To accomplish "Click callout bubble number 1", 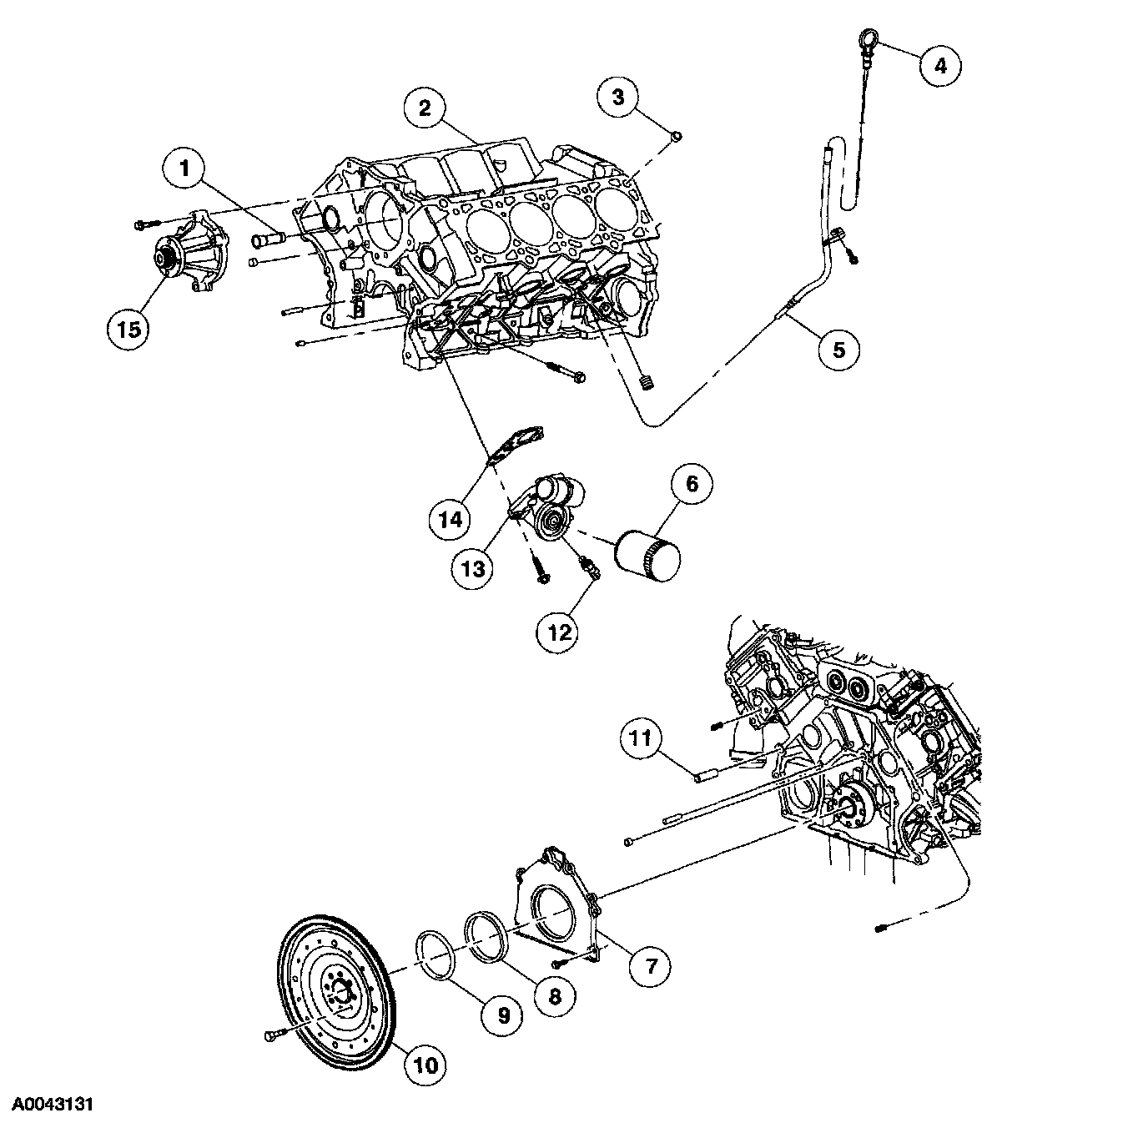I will (x=186, y=170).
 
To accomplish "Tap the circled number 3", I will (x=618, y=97).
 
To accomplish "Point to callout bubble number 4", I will (x=940, y=65).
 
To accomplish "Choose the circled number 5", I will (x=838, y=349).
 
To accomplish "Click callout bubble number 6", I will (x=692, y=484).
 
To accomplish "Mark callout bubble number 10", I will (x=425, y=1065).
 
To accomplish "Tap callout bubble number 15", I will (x=129, y=328).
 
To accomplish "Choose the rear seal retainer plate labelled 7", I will (x=551, y=909).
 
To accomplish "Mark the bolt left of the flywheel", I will (x=274, y=1035).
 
